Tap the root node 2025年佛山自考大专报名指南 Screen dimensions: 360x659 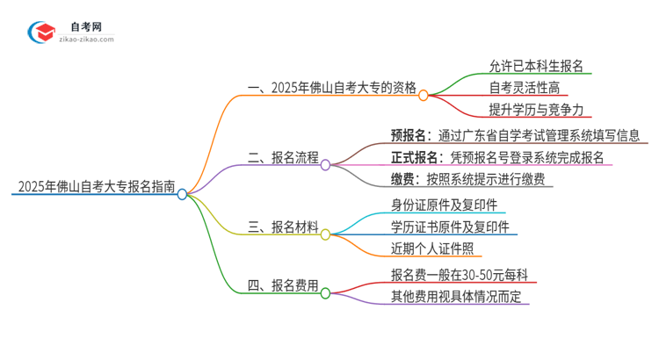click(x=93, y=187)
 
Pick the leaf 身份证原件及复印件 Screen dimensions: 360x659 click(x=448, y=205)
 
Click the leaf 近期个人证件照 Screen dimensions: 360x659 click(x=436, y=249)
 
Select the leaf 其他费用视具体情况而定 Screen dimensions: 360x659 click(x=456, y=296)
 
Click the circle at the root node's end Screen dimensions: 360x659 click(x=182, y=195)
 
